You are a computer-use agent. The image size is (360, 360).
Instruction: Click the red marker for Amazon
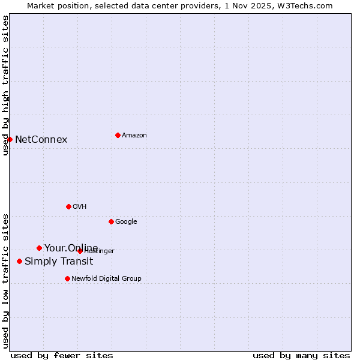[118, 135]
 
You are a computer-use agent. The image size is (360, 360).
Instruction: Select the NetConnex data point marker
[10, 139]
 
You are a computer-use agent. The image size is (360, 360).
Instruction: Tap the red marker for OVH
[68, 206]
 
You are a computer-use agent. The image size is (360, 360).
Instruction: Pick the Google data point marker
[111, 221]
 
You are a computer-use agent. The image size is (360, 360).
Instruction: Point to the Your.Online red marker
[39, 248]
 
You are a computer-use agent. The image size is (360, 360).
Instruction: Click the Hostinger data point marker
[80, 251]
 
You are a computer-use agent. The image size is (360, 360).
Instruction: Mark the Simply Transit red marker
[19, 261]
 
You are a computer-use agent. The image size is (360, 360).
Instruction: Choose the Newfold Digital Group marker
[67, 278]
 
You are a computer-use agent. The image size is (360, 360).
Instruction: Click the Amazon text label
[134, 136]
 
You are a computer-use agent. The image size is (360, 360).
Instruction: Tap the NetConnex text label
[41, 140]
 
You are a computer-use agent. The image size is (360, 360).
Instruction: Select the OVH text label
[80, 207]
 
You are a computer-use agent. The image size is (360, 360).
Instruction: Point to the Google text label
[126, 222]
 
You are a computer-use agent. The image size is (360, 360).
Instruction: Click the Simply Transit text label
[59, 262]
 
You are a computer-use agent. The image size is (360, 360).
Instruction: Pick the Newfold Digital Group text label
[106, 279]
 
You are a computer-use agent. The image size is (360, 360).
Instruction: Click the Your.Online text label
[71, 248]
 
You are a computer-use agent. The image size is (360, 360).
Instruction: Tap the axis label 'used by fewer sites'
[62, 356]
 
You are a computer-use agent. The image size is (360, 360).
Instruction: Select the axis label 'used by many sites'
[301, 356]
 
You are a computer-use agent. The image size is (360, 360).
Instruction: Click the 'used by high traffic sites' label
[5, 85]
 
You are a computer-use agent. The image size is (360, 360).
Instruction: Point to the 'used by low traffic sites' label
[5, 281]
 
